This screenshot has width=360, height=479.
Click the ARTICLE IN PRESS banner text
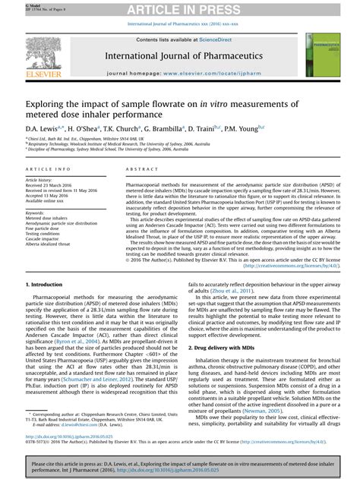(180, 8)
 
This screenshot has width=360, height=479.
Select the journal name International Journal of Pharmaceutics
(179, 55)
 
